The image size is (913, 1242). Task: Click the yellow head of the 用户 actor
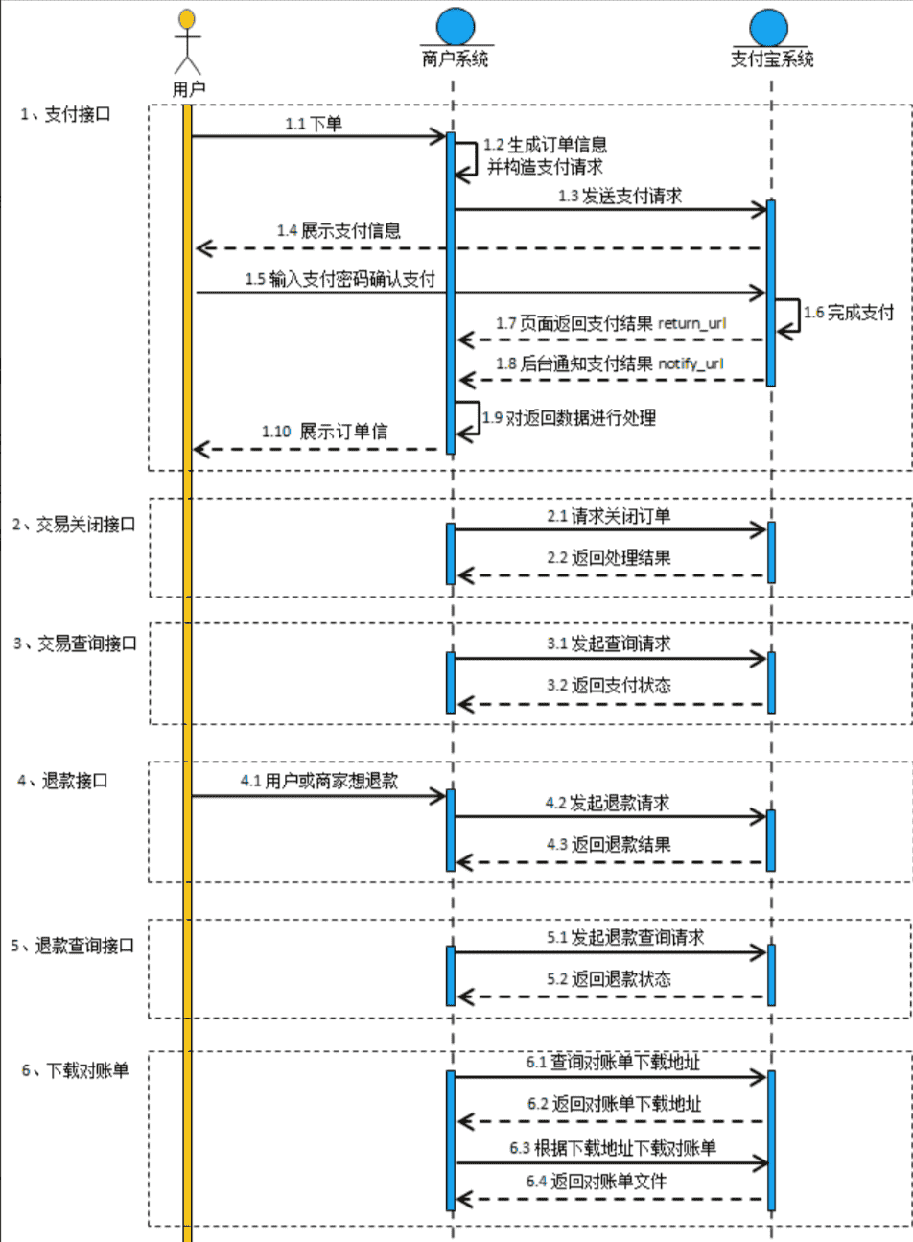[x=187, y=18]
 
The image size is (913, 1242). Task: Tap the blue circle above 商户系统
[x=455, y=25]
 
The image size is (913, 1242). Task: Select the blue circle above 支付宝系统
[x=769, y=27]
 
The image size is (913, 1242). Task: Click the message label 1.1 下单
[x=314, y=124]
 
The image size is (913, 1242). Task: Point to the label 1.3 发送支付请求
[x=620, y=197]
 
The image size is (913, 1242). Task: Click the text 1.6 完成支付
[x=849, y=312]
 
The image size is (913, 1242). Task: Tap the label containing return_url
[x=611, y=324]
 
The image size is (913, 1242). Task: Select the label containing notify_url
[x=609, y=364]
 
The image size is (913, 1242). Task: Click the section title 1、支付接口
[x=66, y=114]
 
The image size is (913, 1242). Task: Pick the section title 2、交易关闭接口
[x=74, y=526]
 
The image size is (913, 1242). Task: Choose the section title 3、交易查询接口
[x=75, y=644]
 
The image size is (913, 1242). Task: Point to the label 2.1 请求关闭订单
[x=609, y=516]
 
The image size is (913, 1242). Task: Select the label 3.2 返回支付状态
[x=609, y=685]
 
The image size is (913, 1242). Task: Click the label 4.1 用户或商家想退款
[x=319, y=781]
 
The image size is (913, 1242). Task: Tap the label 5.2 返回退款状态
[x=609, y=979]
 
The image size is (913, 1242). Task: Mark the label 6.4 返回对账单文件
[x=596, y=1182]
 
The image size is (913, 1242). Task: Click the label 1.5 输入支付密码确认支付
[x=339, y=279]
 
